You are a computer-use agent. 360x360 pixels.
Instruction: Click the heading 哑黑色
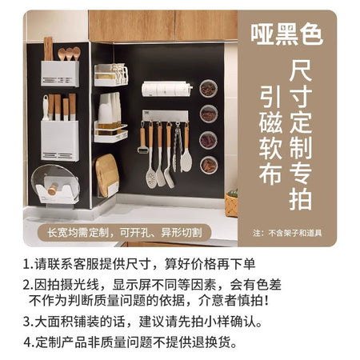click(x=287, y=34)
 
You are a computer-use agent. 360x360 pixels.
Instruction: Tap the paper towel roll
click(x=166, y=89)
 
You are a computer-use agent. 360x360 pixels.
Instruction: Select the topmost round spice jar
click(x=209, y=88)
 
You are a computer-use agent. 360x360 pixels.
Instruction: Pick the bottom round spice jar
click(x=209, y=165)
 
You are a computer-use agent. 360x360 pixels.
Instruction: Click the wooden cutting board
click(x=107, y=175)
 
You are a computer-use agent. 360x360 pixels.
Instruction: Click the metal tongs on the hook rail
click(x=177, y=147)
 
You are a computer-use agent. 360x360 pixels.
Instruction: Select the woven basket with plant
click(x=231, y=203)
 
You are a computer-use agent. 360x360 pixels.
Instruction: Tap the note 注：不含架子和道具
click(x=287, y=233)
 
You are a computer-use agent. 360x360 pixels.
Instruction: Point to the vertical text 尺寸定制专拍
click(x=301, y=135)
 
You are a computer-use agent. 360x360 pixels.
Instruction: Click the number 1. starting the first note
click(x=28, y=265)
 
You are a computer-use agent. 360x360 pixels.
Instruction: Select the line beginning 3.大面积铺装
click(x=143, y=322)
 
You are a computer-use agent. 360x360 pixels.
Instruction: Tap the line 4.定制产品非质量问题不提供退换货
click(x=130, y=342)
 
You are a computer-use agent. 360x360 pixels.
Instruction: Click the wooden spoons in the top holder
click(x=69, y=54)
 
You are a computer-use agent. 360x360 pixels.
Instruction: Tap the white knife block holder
click(x=60, y=141)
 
